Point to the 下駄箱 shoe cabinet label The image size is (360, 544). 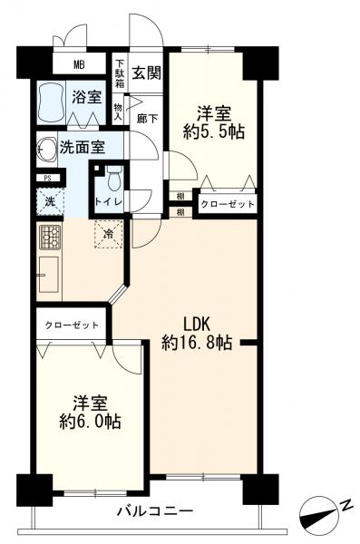[x=120, y=73]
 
